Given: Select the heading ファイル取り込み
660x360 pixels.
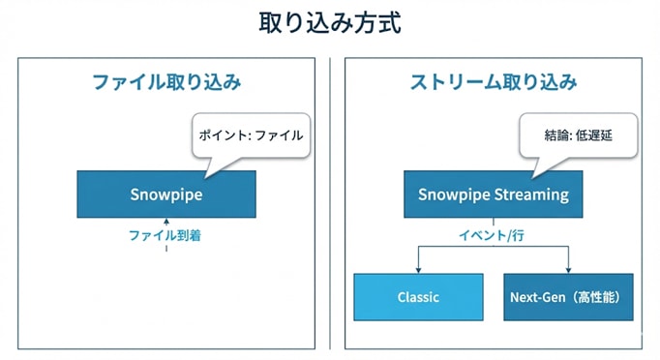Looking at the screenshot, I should (166, 83).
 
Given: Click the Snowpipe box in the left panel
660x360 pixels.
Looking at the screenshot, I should (166, 194).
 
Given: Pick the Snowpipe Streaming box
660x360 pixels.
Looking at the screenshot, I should (493, 194).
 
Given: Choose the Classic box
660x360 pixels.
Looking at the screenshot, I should (418, 297).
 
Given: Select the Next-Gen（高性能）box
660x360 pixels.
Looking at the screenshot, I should (568, 297).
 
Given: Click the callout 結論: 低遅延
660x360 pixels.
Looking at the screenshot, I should (579, 136).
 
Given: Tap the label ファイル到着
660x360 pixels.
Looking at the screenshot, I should (165, 234).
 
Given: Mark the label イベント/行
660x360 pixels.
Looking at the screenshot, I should (493, 234).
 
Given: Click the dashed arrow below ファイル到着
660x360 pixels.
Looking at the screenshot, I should (166, 250).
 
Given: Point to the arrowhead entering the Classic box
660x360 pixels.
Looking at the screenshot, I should (418, 269).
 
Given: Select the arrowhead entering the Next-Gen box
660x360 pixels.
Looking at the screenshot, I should (568, 269).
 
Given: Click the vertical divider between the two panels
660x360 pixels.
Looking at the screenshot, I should (330, 203).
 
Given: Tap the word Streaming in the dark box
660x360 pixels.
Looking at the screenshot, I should (532, 194).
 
